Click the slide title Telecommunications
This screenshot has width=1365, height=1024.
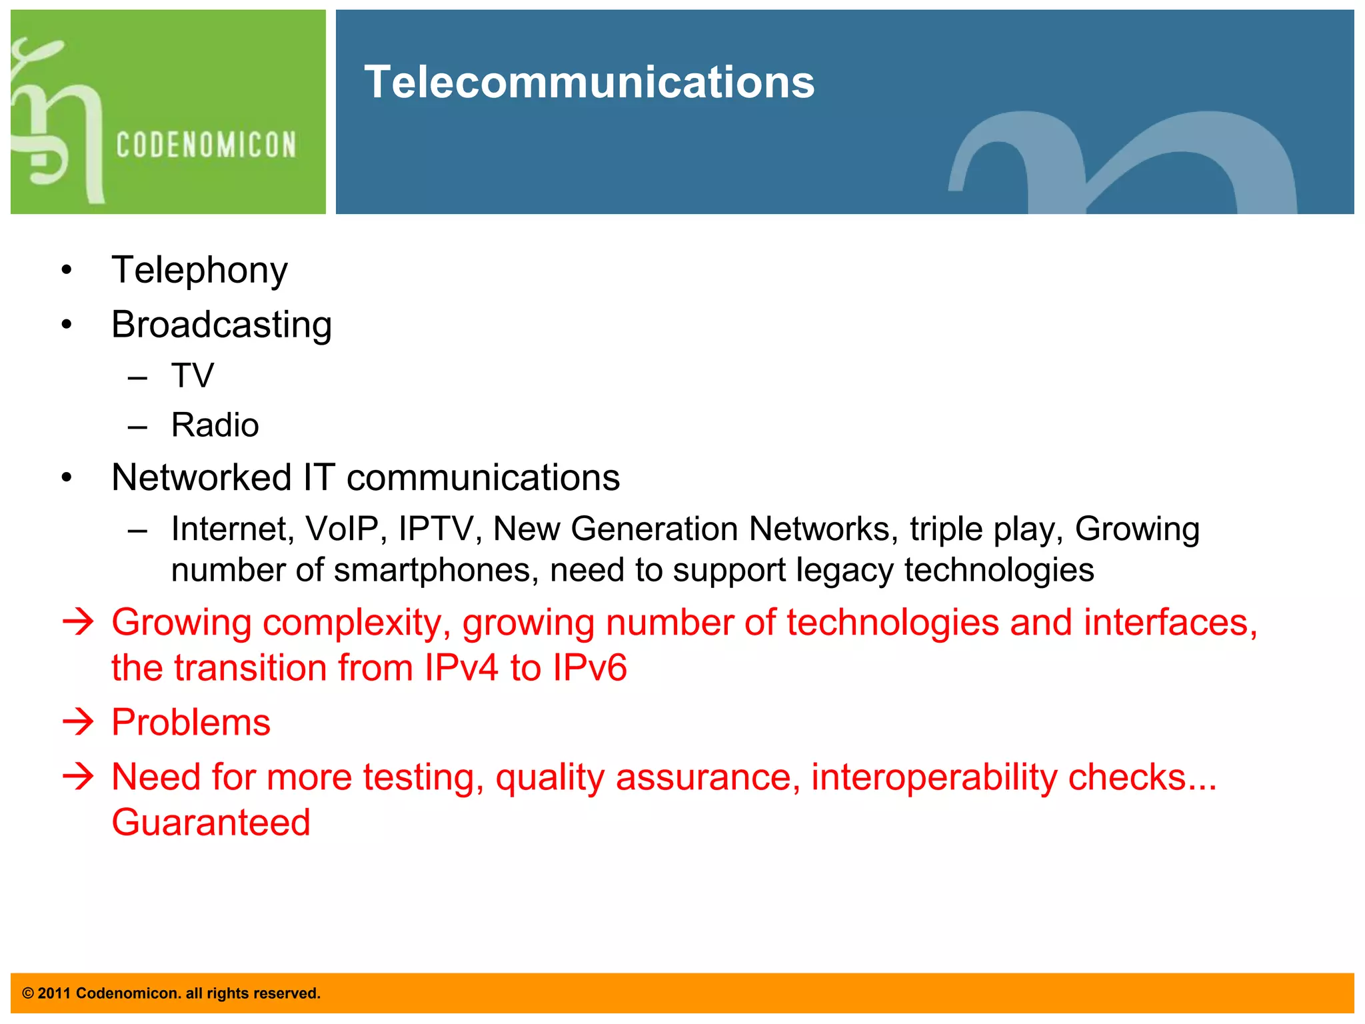pyautogui.click(x=589, y=82)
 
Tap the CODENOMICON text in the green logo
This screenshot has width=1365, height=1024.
pyautogui.click(x=206, y=145)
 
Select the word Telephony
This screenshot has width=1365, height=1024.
pyautogui.click(x=199, y=270)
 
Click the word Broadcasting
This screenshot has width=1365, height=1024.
pyautogui.click(x=221, y=325)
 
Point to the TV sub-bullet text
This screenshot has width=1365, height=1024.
pyautogui.click(x=193, y=375)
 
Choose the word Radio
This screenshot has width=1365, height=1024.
pyautogui.click(x=215, y=425)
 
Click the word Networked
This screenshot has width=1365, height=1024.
pyautogui.click(x=201, y=477)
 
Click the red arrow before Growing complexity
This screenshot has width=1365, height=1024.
pyautogui.click(x=78, y=622)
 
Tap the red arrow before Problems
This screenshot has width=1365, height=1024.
pyautogui.click(x=78, y=722)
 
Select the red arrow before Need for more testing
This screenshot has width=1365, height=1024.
pyautogui.click(x=78, y=777)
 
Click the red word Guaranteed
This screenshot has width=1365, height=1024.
pyautogui.click(x=211, y=822)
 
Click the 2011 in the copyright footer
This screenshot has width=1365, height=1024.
pyautogui.click(x=54, y=993)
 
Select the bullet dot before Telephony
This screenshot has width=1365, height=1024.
pyautogui.click(x=66, y=271)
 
